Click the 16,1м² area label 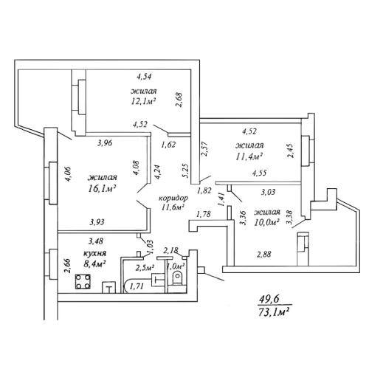click(102, 189)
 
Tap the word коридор click(173, 199)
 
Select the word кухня click(94, 253)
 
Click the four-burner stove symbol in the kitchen click(83, 281)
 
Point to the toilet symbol click(177, 279)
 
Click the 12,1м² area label click(144, 101)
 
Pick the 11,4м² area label click(249, 156)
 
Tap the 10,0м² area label click(266, 222)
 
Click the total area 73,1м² click(273, 313)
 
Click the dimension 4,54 click(144, 77)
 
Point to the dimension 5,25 click(186, 171)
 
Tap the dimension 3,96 click(105, 143)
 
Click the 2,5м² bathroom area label click(145, 268)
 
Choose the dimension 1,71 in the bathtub click(137, 286)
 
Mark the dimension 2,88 click(264, 254)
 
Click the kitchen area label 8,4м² click(94, 264)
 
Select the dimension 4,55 click(259, 173)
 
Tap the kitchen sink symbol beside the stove click(108, 287)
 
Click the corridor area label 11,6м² click(173, 207)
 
